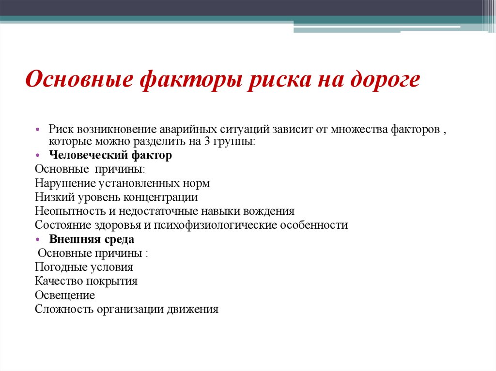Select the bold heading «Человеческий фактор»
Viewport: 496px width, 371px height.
pos(110,156)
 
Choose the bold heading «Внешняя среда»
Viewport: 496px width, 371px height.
pos(92,239)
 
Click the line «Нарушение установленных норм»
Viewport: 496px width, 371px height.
pos(122,184)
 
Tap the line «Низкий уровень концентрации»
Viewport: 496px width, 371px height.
pos(116,197)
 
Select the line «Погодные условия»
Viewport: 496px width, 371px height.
pos(84,267)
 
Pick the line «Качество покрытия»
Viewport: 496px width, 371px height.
pos(86,281)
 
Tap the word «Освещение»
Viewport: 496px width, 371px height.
pos(65,295)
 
